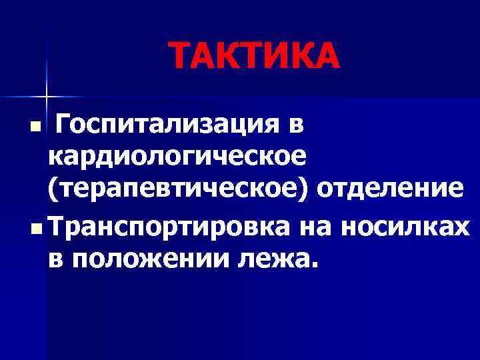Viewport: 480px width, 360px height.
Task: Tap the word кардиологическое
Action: [177, 157]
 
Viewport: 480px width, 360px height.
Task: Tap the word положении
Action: [149, 257]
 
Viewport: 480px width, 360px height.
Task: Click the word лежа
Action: [274, 257]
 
